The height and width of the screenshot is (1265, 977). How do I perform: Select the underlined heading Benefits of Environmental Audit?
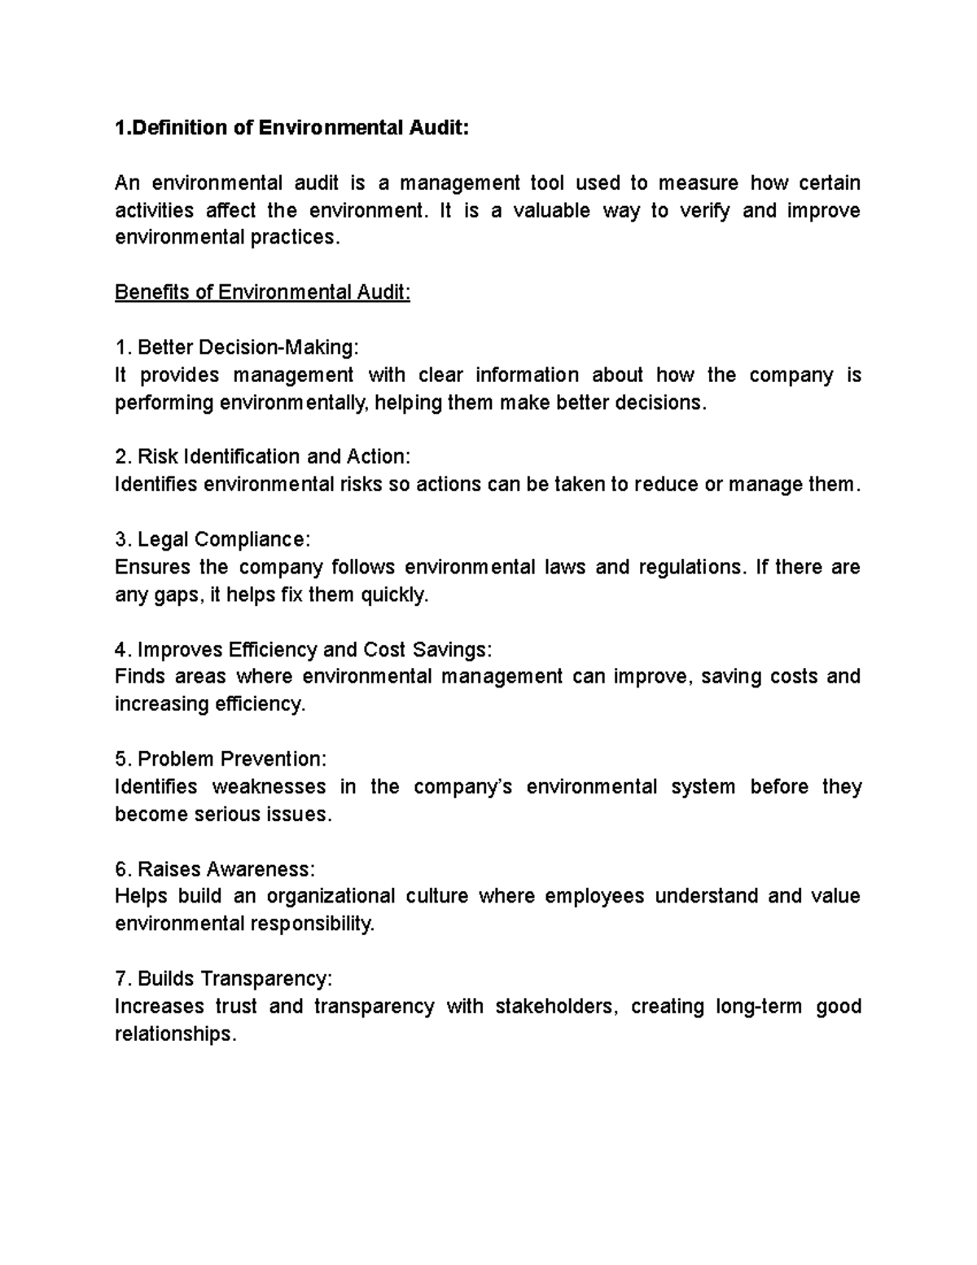(262, 292)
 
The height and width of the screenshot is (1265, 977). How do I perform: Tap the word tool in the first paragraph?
(547, 182)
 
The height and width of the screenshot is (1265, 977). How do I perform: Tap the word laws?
(564, 567)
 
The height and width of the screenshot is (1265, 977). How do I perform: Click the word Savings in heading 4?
(451, 649)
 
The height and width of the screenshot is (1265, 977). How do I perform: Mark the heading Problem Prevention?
(231, 759)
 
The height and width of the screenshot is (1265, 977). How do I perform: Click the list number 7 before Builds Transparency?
(122, 978)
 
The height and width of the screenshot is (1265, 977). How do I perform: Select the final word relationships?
(174, 1034)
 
